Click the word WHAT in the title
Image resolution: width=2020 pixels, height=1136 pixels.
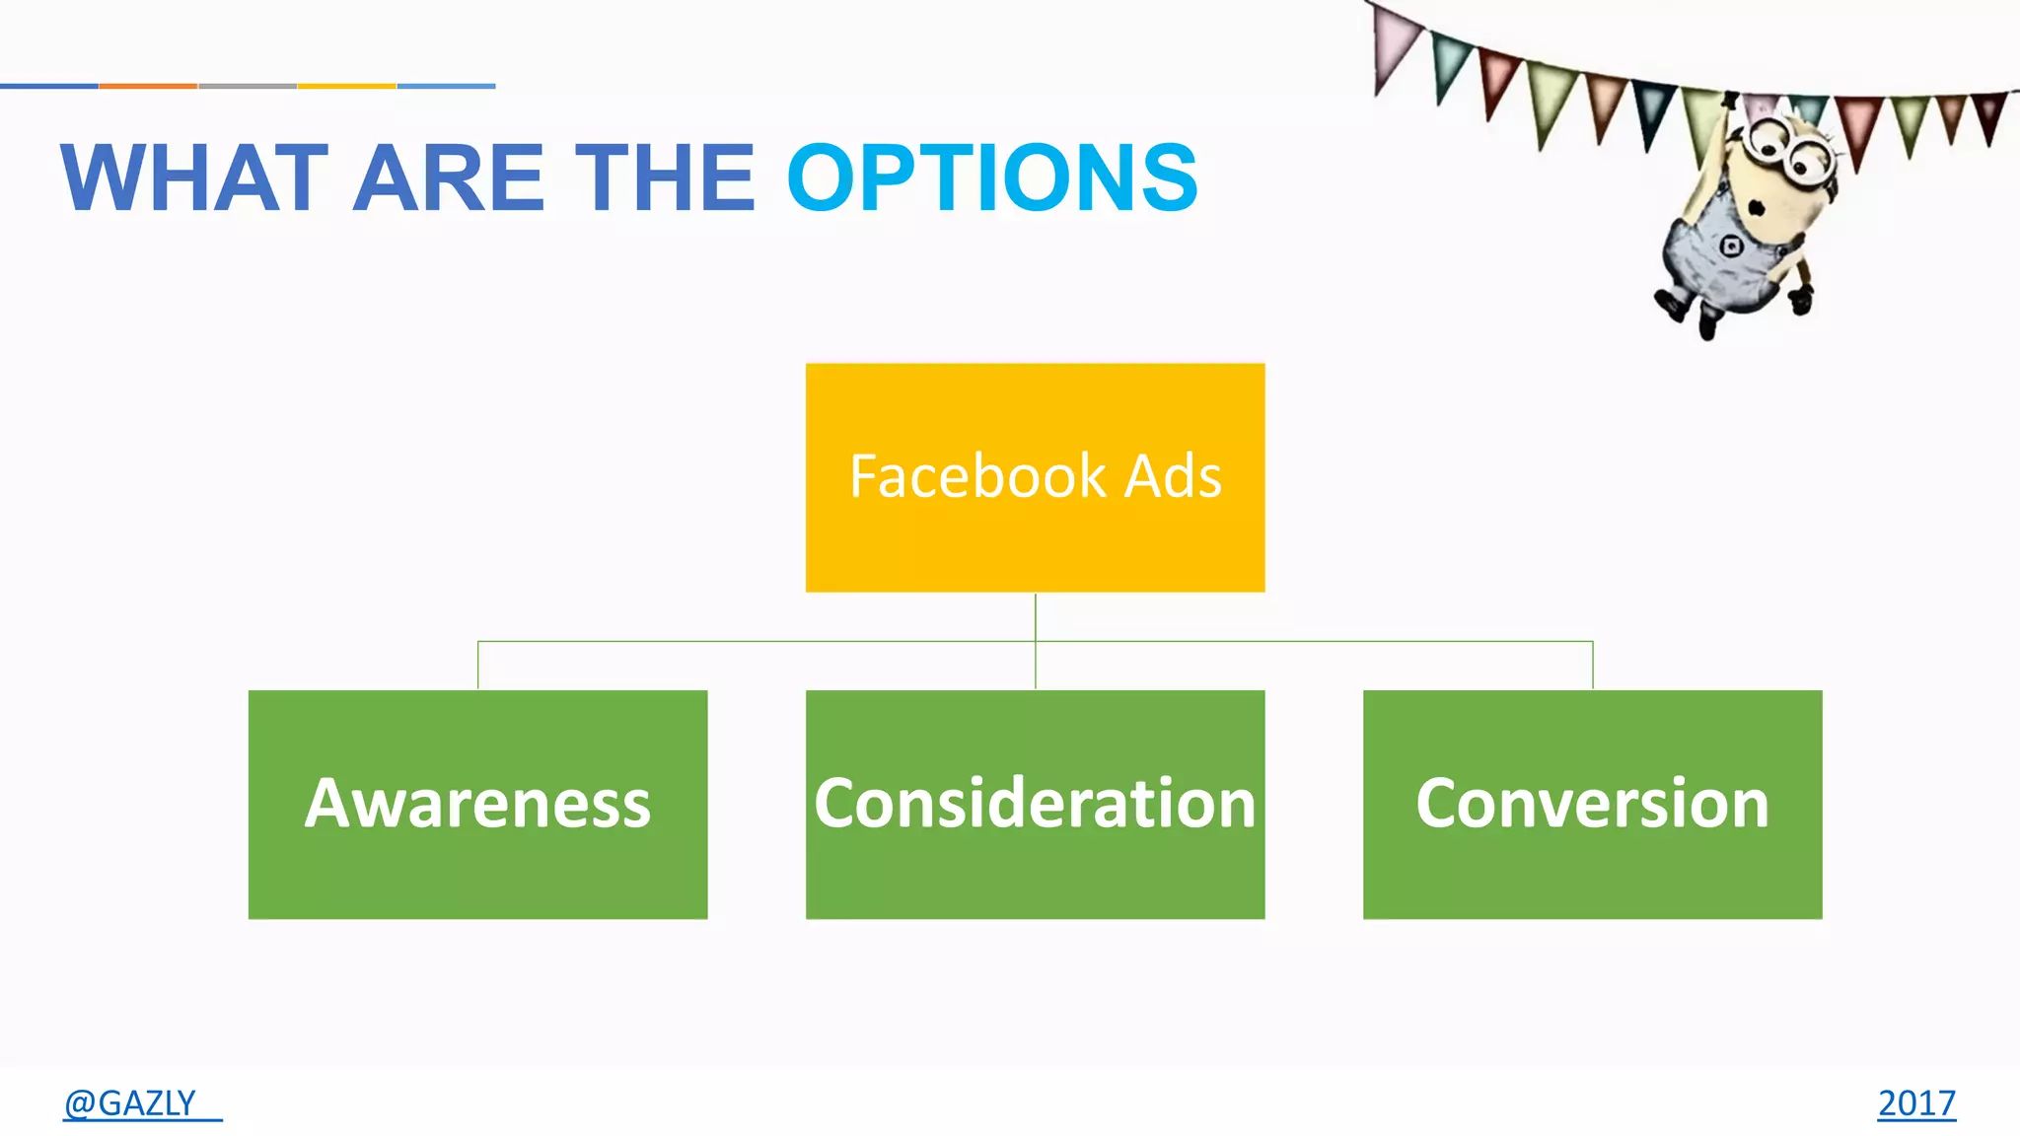193,178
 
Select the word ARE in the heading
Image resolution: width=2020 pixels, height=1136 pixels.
448,178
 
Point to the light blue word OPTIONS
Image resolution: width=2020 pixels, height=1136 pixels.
992,178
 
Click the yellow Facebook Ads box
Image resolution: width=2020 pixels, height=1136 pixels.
1035,532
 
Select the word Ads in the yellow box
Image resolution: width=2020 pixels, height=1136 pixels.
1173,476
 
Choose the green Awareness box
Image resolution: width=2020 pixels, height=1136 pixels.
477,804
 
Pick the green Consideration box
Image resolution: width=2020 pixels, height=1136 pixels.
1035,804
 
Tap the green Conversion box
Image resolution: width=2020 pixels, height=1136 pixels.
1592,804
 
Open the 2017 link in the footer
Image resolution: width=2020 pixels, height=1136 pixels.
1915,1102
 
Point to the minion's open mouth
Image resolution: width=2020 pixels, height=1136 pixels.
1757,208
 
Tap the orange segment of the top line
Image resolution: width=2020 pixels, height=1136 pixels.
148,86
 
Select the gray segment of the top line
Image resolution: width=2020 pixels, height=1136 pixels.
248,86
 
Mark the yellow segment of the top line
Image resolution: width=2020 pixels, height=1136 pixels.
346,86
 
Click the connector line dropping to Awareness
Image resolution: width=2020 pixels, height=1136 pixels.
478,666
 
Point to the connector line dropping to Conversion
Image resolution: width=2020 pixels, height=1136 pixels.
1593,666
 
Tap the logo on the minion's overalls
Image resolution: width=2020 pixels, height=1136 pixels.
1731,246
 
